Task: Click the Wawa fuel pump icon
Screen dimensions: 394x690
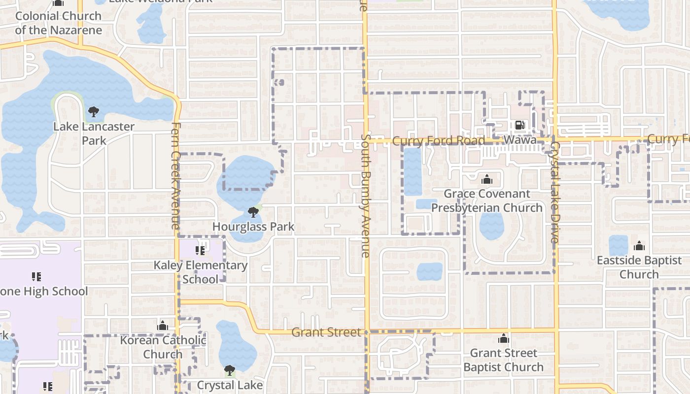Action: click(519, 125)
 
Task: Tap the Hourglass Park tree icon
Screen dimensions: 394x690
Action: click(253, 212)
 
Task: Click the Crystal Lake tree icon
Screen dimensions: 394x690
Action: click(229, 370)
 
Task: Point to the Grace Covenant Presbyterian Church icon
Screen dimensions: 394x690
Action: click(487, 179)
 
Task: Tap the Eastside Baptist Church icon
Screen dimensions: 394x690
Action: click(639, 245)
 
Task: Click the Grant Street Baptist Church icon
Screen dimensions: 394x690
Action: click(503, 338)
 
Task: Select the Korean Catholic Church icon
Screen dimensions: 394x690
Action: click(163, 326)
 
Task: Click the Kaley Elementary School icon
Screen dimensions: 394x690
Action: click(200, 251)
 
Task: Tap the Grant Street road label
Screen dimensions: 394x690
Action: click(326, 332)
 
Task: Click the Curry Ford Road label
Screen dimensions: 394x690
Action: click(439, 141)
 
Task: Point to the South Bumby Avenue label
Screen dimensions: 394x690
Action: click(365, 196)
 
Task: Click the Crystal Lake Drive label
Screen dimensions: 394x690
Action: click(554, 193)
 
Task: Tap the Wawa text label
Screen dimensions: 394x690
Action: click(519, 140)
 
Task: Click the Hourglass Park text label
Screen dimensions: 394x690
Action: click(253, 227)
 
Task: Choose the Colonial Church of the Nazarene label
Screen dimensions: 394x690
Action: click(58, 23)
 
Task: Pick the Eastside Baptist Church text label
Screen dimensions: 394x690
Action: click(639, 267)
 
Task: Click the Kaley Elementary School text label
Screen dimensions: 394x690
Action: click(201, 272)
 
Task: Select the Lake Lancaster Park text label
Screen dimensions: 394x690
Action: click(94, 133)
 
